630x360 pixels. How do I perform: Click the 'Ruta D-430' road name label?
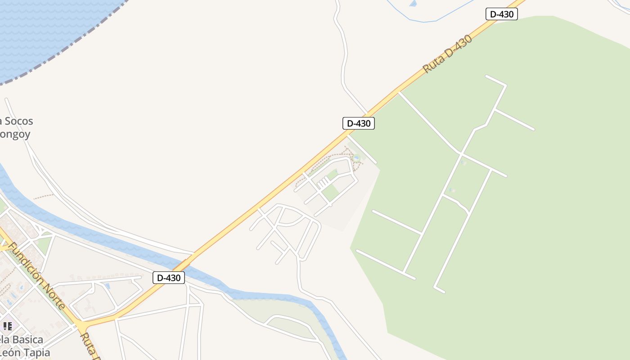point(448,54)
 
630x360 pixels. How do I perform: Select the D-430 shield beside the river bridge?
point(169,278)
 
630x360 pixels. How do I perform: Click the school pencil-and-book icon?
point(7,326)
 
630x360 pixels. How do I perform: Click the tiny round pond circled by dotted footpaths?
point(356,158)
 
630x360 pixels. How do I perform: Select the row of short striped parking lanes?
point(323,182)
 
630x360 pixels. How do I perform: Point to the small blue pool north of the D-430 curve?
point(108,286)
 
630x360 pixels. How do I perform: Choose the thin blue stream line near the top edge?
point(432,20)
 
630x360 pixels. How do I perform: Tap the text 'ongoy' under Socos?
point(15,134)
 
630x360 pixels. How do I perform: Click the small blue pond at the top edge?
point(413,4)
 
